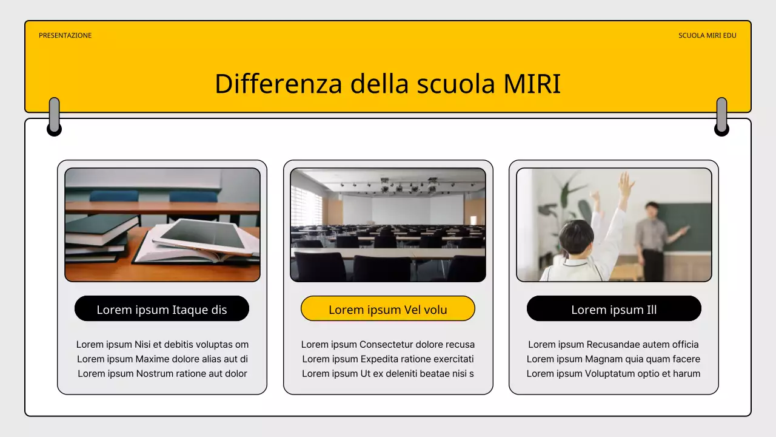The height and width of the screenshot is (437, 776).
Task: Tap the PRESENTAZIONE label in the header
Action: click(x=65, y=35)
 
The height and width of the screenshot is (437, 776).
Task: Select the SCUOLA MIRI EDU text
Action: click(x=707, y=35)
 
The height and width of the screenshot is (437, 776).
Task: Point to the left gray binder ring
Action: click(x=54, y=116)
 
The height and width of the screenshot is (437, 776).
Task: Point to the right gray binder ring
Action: click(x=721, y=116)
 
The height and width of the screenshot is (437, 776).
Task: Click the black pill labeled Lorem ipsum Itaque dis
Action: click(x=162, y=310)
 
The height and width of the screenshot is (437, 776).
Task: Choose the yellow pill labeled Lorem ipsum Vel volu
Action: click(x=388, y=310)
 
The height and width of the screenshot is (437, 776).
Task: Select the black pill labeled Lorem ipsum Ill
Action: click(x=614, y=310)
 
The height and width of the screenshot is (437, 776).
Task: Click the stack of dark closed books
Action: click(x=97, y=237)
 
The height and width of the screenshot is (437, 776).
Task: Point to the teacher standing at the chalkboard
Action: click(x=652, y=237)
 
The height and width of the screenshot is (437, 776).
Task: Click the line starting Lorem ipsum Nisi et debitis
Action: click(x=162, y=345)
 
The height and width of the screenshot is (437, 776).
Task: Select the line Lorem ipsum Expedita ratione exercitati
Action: click(x=388, y=359)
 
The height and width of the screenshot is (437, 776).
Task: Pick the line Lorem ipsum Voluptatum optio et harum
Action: click(x=614, y=374)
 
